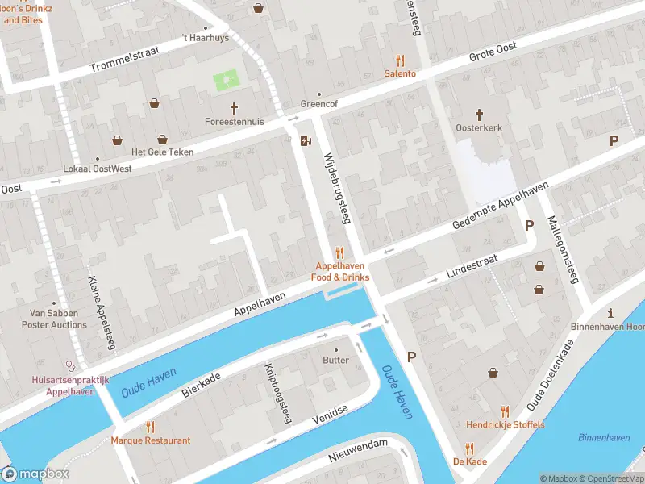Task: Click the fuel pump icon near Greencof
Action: point(306,141)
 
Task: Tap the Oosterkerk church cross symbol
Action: point(478,115)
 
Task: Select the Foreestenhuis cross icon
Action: point(235,108)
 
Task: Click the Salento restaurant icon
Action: point(400,60)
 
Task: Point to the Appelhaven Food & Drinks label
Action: point(340,272)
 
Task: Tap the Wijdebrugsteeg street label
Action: point(338,189)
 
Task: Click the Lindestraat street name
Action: point(472,268)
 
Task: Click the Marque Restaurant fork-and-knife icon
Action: point(150,427)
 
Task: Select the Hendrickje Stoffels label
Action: point(505,425)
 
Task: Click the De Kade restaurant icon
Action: point(468,449)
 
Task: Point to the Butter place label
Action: point(336,360)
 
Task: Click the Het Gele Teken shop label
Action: point(162,152)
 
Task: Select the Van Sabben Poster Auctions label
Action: point(58,319)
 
